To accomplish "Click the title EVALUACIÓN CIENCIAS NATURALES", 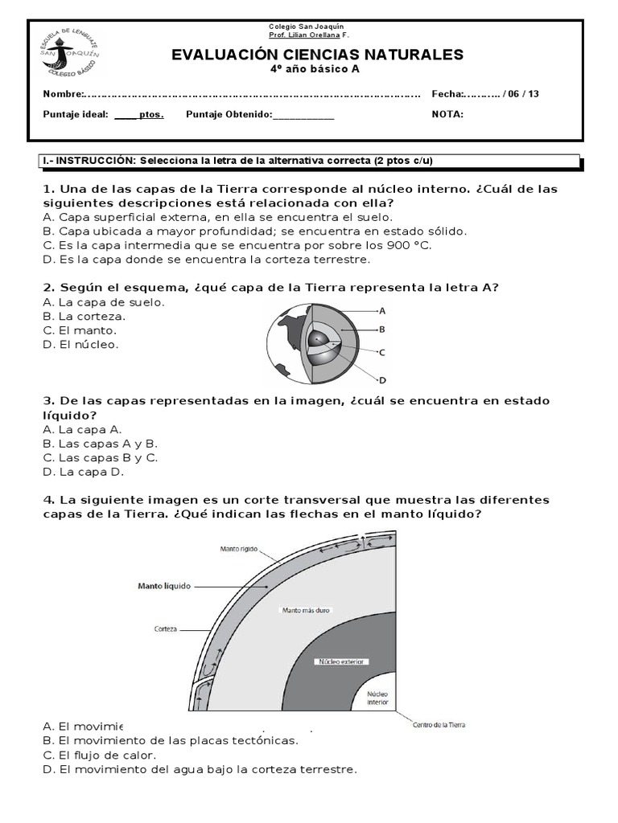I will click(x=318, y=55).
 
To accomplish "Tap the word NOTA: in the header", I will click(x=447, y=114).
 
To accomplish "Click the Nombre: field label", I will click(x=64, y=94).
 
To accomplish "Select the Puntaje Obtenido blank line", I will click(x=303, y=115).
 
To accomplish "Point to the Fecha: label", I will click(x=448, y=94).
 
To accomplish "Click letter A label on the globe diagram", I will click(x=382, y=310).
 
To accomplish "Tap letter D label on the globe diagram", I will click(x=383, y=380).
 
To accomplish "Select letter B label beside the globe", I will click(x=382, y=329).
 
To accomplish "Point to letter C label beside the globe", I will click(x=382, y=352).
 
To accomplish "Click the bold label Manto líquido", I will click(x=164, y=587).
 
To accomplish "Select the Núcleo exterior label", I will click(x=343, y=662).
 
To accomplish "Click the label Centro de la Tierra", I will click(x=439, y=725).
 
